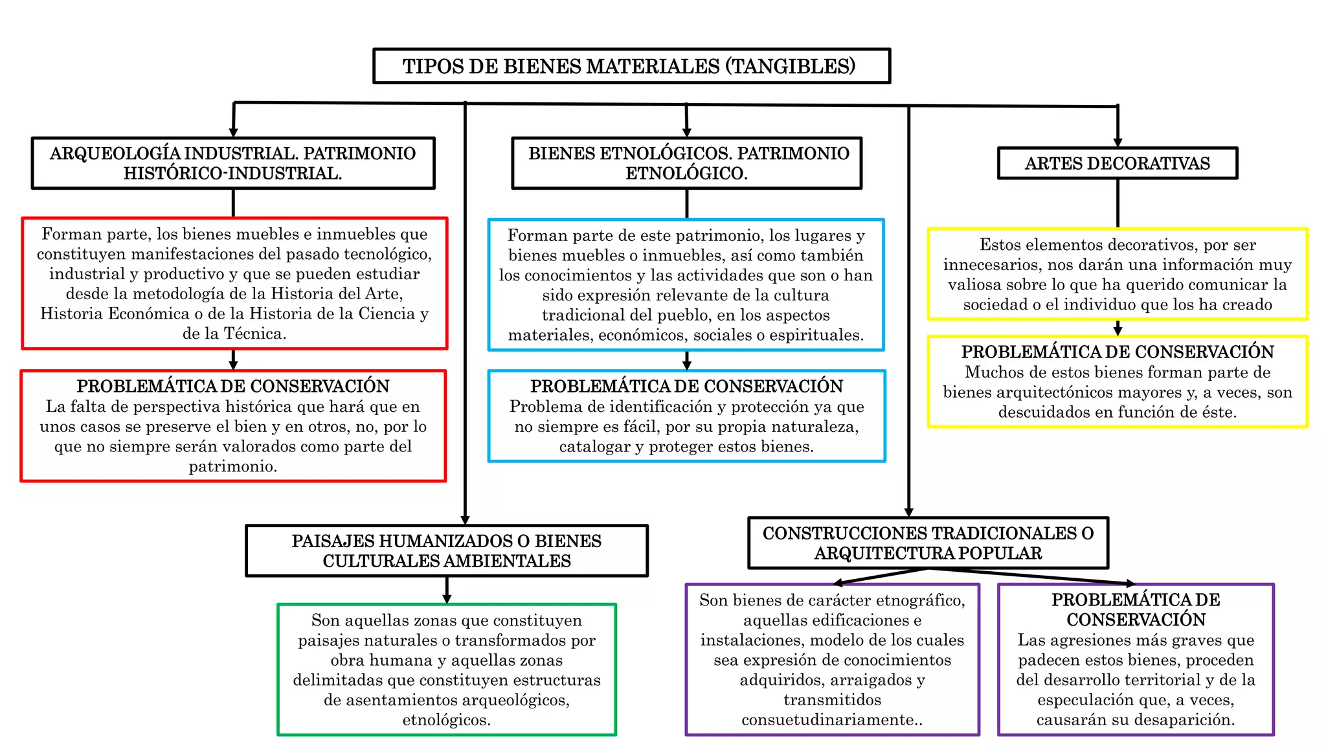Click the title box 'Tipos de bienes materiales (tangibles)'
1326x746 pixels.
pos(631,66)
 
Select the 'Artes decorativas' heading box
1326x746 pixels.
pos(1117,163)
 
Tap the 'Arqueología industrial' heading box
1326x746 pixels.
pos(233,163)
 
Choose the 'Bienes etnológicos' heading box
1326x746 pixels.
pos(687,163)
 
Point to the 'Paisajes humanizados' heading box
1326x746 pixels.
pos(447,550)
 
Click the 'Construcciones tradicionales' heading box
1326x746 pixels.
pos(928,543)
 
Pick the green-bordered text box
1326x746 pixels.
pos(447,670)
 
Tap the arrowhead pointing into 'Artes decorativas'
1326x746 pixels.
pos(1118,142)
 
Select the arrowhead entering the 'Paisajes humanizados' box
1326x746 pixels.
pos(465,519)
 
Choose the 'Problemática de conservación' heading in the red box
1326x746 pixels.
pos(233,386)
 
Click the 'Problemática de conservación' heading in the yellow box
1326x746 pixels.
pos(1118,352)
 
